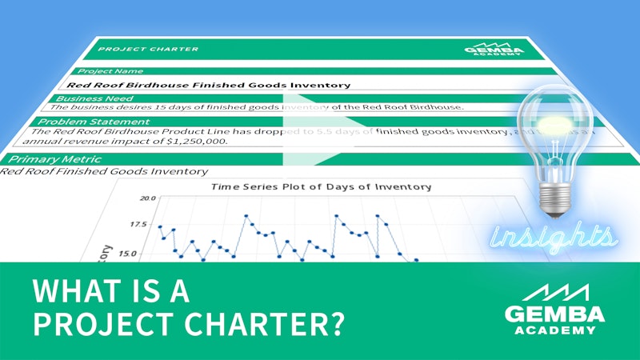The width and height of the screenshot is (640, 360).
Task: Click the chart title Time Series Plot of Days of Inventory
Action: [x=320, y=186]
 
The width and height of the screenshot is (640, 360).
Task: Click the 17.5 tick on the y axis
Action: [x=138, y=225]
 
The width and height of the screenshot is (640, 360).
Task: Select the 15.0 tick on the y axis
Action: [x=128, y=254]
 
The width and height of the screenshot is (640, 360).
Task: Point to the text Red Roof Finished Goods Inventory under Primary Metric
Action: [x=104, y=171]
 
